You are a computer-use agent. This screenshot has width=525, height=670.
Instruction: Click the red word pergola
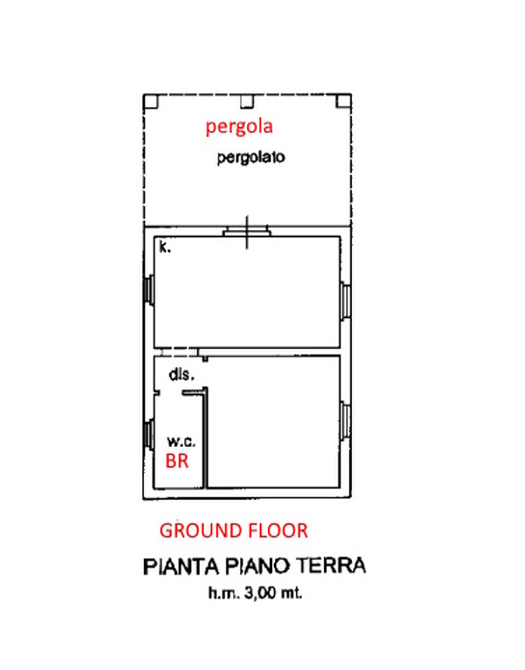[x=239, y=127]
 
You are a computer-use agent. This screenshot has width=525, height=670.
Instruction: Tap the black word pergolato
[x=251, y=157]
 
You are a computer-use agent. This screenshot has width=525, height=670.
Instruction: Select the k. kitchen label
[x=165, y=247]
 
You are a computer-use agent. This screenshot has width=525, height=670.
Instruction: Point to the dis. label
[x=181, y=375]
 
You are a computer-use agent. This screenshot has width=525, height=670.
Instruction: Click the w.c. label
[x=181, y=441]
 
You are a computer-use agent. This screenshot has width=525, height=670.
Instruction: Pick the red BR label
[x=177, y=461]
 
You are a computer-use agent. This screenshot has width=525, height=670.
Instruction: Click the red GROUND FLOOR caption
[x=233, y=531]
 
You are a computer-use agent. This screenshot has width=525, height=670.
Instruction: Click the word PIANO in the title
[x=258, y=567]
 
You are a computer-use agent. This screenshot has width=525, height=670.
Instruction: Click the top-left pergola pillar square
[x=150, y=101]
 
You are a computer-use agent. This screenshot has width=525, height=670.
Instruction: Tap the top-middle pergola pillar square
[x=247, y=101]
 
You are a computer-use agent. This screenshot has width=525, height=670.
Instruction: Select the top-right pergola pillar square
[x=344, y=101]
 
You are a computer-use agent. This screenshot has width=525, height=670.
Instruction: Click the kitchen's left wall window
[x=149, y=290]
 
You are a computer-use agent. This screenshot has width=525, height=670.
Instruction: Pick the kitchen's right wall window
[x=346, y=300]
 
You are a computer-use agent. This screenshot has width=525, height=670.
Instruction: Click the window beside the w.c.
[x=149, y=434]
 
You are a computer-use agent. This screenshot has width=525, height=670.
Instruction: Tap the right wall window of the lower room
[x=346, y=421]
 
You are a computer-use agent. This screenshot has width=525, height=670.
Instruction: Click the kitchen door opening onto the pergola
[x=247, y=232]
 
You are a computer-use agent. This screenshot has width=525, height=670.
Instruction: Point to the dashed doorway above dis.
[x=180, y=352]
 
